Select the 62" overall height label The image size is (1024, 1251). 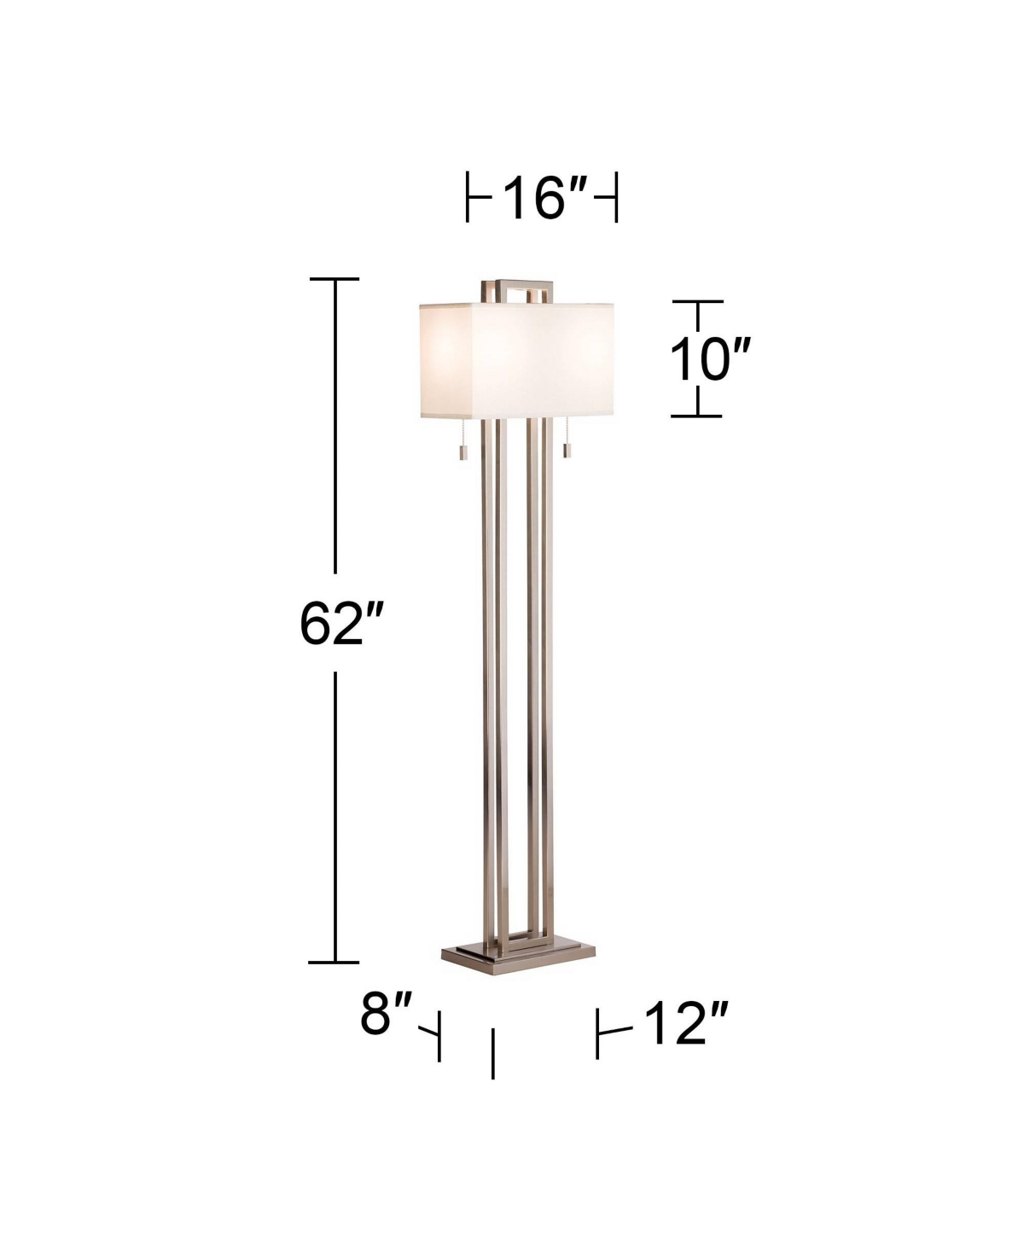[x=342, y=624]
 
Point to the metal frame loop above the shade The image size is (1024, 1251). [x=517, y=283]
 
